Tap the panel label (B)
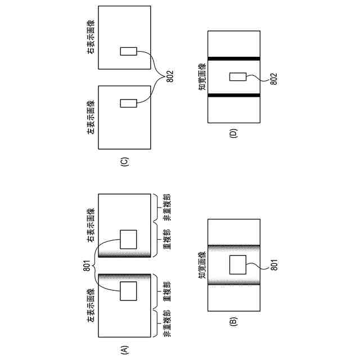click(233, 322)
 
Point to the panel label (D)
click(233, 133)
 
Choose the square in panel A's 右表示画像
click(128, 239)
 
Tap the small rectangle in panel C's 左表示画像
click(128, 103)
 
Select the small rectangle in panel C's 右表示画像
click(128, 51)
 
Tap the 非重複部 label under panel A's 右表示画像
click(167, 209)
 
